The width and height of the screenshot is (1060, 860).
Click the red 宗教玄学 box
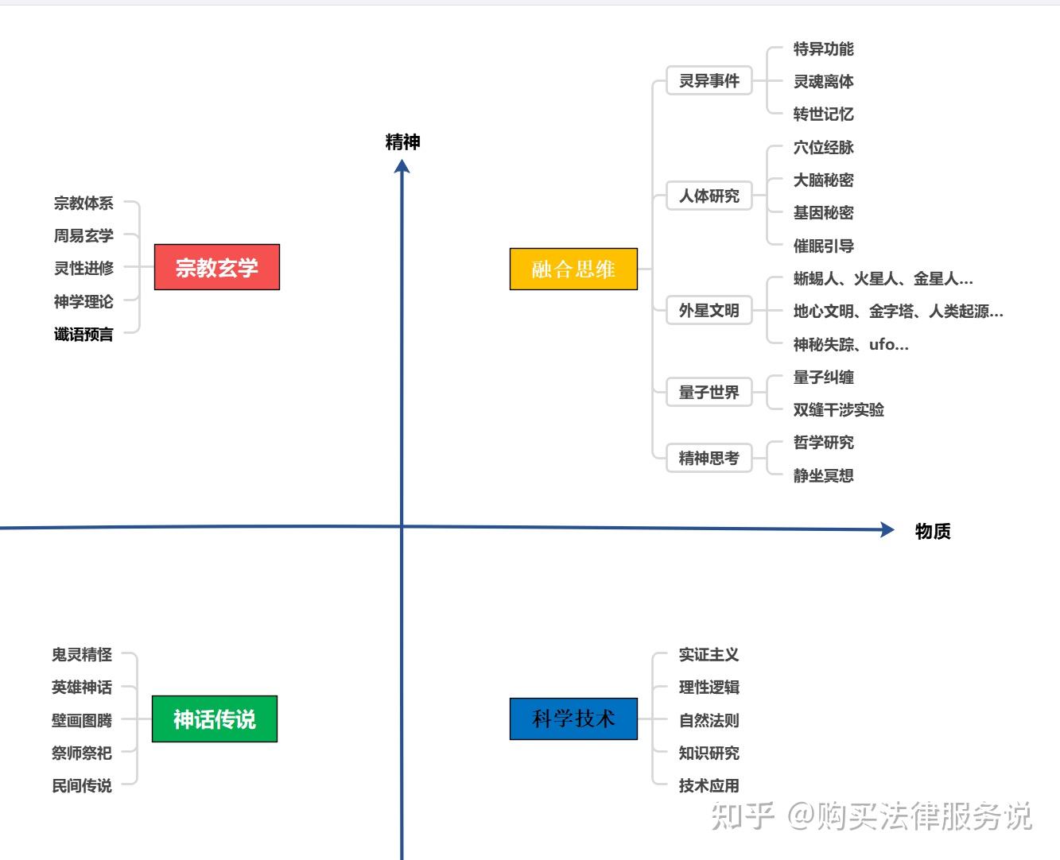[216, 267]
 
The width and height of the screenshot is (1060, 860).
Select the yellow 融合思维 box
[573, 269]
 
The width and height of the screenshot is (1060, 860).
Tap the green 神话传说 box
[214, 719]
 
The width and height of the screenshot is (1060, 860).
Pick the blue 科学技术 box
[573, 719]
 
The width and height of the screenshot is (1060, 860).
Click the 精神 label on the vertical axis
[402, 142]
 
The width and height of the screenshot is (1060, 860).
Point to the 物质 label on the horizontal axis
[933, 531]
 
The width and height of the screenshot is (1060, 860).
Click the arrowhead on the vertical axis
[402, 165]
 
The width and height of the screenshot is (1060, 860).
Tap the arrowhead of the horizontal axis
[887, 529]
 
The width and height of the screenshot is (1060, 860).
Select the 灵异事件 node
[709, 80]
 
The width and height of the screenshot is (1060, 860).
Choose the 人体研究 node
[709, 196]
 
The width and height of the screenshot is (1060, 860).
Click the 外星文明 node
[709, 310]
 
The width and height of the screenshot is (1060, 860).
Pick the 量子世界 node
[709, 392]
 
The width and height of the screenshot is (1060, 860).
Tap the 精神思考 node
[709, 458]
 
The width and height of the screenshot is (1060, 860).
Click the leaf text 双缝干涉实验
[838, 409]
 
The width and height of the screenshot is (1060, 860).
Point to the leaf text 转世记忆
[823, 114]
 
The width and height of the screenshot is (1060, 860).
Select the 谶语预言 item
[83, 334]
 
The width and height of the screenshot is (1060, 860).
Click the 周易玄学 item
[83, 235]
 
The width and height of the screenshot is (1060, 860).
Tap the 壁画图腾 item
[82, 720]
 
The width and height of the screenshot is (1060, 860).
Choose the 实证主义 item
[709, 654]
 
